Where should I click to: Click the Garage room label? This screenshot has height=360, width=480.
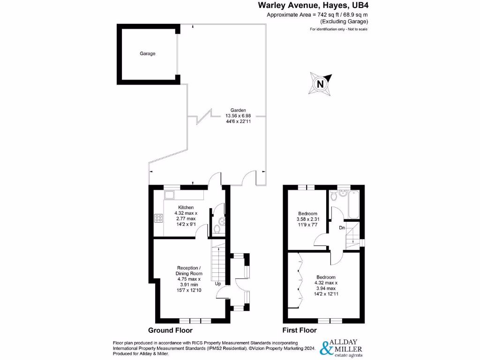(147, 53)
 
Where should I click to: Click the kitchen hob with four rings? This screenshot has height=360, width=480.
(158, 218)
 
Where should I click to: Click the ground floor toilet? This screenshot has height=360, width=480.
(217, 228)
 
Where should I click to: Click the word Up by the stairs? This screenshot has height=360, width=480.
(218, 284)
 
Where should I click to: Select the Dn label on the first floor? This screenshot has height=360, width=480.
(343, 228)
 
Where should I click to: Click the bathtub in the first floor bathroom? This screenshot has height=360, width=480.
(352, 204)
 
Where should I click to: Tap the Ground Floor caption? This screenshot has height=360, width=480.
(170, 330)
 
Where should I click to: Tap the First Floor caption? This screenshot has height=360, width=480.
(299, 330)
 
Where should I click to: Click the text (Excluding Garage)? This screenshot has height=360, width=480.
(344, 22)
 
